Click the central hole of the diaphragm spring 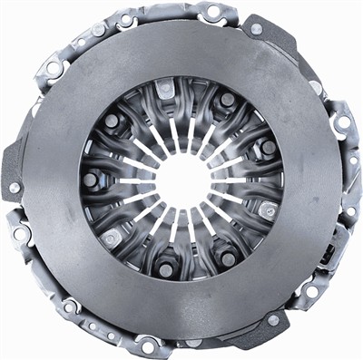tap(182, 180)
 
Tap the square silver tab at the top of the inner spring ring tap(165, 88)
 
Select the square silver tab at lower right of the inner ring tap(266, 210)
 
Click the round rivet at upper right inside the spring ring tap(227, 100)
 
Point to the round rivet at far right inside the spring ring tap(269, 147)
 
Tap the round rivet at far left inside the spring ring tap(91, 180)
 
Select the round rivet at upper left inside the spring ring tap(112, 121)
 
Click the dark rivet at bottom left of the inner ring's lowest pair tap(165, 269)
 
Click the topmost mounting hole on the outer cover tap(212, 12)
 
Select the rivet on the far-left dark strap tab tap(15, 188)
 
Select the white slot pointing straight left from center tap(136, 180)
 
